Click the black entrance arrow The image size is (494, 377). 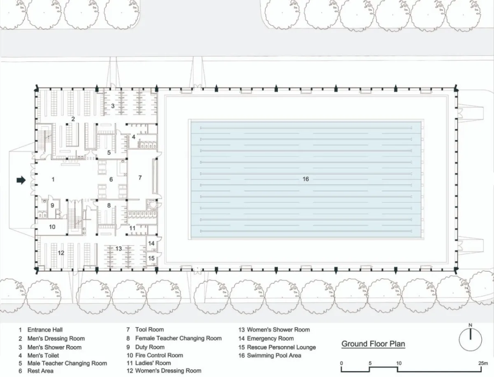[21, 180]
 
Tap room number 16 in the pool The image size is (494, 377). [305, 179]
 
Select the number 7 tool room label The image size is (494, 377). [140, 178]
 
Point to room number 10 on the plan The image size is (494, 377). [52, 227]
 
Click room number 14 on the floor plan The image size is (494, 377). [151, 243]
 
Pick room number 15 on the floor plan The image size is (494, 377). [151, 258]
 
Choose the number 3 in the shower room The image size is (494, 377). [113, 106]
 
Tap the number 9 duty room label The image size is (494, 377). [52, 205]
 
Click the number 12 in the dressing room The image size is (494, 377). [61, 253]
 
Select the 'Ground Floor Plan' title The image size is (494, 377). [373, 344]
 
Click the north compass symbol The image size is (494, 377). [471, 339]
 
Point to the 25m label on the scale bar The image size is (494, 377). [483, 363]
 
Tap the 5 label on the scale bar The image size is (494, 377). [370, 363]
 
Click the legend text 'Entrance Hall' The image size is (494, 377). [45, 330]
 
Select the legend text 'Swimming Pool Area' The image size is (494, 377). [274, 356]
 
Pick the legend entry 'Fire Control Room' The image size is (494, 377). [159, 355]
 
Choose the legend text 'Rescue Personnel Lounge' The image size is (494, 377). [281, 347]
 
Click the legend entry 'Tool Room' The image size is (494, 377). [149, 330]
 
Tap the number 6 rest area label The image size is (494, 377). [111, 179]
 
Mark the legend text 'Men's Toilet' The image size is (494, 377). [43, 356]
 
